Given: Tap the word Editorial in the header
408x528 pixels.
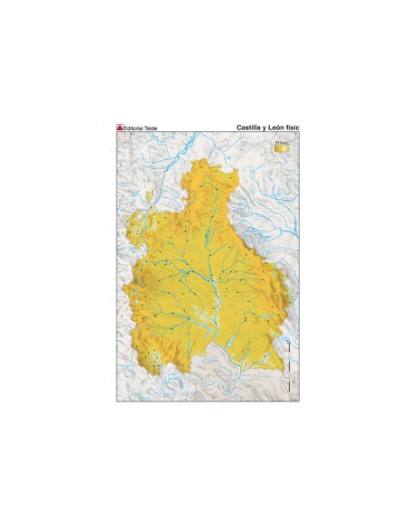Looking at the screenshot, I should pos(136,129).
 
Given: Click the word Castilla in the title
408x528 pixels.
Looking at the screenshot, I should pos(241,128).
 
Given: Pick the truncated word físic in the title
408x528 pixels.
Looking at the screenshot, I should pos(292,128).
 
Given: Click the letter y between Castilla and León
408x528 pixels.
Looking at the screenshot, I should pos(258,129).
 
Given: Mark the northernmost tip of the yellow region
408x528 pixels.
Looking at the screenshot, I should pos(207,161).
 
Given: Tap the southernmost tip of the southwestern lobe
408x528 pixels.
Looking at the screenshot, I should pos(158,372).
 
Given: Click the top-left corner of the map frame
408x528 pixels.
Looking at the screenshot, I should pos(116,135).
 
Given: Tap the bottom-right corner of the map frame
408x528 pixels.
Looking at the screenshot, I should pos(299,401).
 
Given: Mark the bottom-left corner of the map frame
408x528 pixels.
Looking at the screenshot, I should pos(116,401).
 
